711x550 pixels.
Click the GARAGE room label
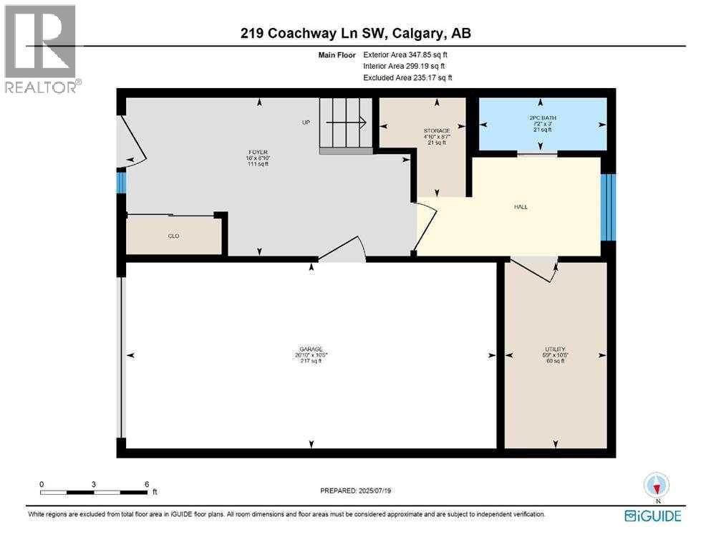tap(310, 349)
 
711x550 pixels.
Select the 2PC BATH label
tap(543, 118)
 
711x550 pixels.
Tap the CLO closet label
tap(173, 236)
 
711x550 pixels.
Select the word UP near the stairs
tap(306, 122)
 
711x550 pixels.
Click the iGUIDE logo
tap(652, 516)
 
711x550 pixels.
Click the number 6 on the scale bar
tap(147, 484)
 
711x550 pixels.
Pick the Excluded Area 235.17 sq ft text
tap(407, 77)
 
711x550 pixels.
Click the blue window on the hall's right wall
tap(608, 207)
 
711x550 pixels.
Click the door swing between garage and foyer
tap(344, 249)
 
